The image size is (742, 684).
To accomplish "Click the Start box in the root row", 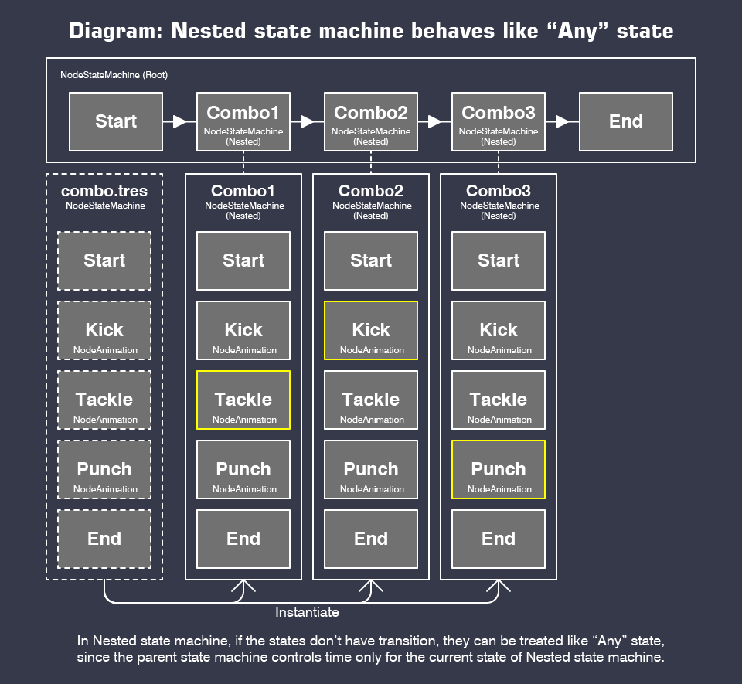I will click(x=116, y=121).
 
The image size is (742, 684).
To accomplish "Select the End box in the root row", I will click(x=625, y=121).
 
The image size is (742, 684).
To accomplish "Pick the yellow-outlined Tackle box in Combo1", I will click(x=243, y=400).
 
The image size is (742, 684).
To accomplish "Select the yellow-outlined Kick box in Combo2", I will click(x=371, y=330).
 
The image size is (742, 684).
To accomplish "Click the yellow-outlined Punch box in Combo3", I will click(x=499, y=469).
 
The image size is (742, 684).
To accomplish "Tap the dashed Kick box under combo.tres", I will click(x=104, y=330).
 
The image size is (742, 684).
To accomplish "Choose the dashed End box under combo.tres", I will click(x=104, y=539).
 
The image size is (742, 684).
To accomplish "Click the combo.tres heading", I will click(x=104, y=191).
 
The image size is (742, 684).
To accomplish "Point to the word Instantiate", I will click(x=307, y=612).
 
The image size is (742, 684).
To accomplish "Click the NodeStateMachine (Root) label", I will click(x=114, y=75).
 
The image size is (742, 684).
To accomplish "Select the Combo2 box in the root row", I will click(x=371, y=121).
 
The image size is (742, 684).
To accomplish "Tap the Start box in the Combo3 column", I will click(x=499, y=260).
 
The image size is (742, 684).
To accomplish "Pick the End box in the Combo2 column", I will click(x=371, y=539).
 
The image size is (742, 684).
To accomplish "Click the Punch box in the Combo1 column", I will click(x=243, y=469).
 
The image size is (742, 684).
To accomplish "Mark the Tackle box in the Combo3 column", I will click(x=499, y=400).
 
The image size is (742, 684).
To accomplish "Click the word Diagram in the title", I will click(x=115, y=31).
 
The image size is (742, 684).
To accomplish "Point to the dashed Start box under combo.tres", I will click(x=104, y=260).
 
